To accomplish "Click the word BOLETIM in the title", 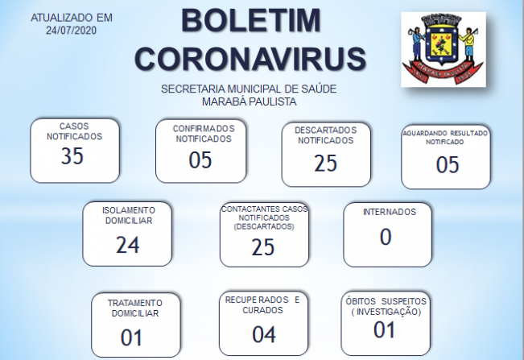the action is point(251,21).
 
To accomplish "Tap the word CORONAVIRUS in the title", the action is point(250,59).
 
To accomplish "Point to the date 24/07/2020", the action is point(71,31).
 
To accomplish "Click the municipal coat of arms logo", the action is point(444,49).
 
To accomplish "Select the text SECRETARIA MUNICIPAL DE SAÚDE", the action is point(249,89).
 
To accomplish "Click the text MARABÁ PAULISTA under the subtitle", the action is point(249,101).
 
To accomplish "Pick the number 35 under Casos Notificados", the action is point(72,155).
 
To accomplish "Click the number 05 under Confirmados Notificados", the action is point(200,159).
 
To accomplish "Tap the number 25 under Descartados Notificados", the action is point(325,163).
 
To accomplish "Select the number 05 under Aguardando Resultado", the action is point(448,164).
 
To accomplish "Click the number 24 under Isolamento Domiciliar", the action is point(128,245).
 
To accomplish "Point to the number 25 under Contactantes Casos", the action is point(263,247).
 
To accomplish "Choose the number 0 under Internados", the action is point(386,237).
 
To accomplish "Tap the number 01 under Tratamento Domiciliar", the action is point(131,337).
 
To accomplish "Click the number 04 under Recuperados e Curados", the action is point(264,334).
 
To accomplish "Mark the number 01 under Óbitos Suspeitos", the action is point(384,330).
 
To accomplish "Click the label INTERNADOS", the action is point(390,212).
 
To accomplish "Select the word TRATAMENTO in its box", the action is point(135,303).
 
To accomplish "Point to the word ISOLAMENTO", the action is point(129,210).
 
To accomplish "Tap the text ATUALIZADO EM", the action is point(72,18).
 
